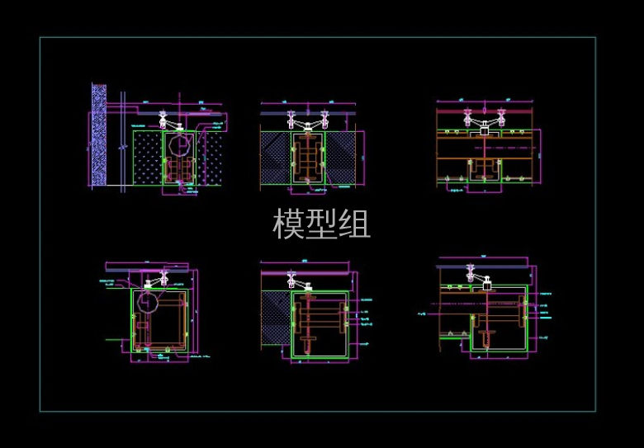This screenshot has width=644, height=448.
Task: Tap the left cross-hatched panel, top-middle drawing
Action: click(x=274, y=157)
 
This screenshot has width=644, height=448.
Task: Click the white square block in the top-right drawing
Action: click(x=484, y=130)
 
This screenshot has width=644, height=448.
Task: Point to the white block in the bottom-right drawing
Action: click(x=488, y=286)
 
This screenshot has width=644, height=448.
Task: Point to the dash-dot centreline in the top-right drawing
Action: click(x=487, y=146)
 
